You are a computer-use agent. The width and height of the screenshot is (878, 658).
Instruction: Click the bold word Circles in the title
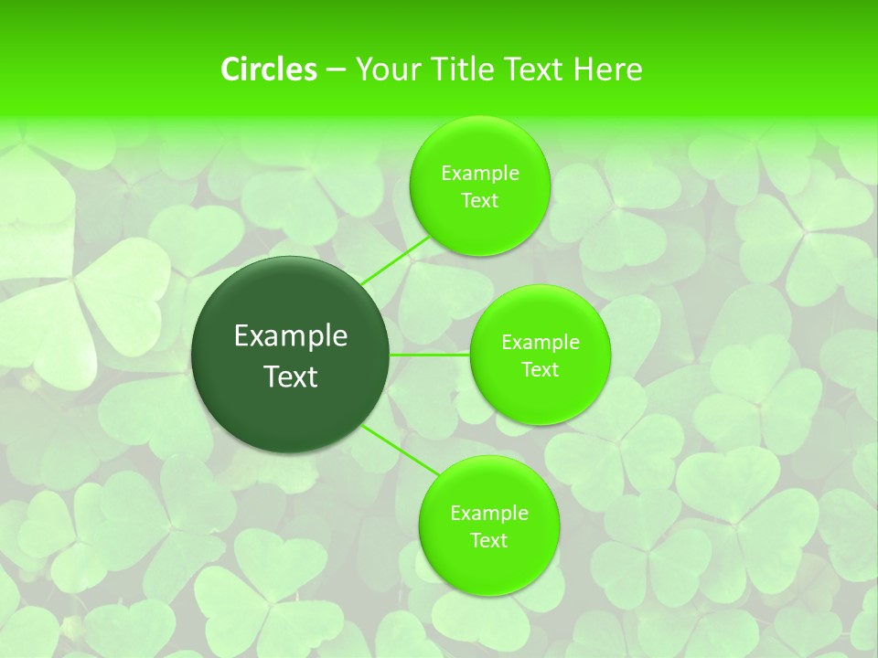(268, 69)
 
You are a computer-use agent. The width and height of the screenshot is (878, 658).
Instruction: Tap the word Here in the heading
(607, 69)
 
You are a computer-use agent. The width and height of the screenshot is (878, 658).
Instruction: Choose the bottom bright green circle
(488, 567)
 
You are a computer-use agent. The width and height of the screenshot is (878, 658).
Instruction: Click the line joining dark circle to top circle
(395, 260)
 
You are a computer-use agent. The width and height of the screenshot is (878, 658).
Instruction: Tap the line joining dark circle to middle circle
(430, 355)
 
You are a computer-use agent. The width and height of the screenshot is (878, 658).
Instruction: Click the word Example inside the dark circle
(290, 336)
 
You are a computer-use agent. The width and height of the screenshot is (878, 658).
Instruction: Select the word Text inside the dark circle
(290, 377)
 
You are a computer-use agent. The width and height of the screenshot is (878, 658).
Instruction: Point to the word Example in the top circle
(479, 174)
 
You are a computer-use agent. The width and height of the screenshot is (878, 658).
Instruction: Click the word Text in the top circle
(479, 201)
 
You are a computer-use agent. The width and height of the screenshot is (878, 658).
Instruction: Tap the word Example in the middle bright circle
(540, 343)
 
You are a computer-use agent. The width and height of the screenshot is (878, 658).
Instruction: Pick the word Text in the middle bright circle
(540, 370)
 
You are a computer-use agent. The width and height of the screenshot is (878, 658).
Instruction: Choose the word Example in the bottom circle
(488, 514)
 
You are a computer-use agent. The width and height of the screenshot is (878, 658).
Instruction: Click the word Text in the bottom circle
(488, 541)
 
